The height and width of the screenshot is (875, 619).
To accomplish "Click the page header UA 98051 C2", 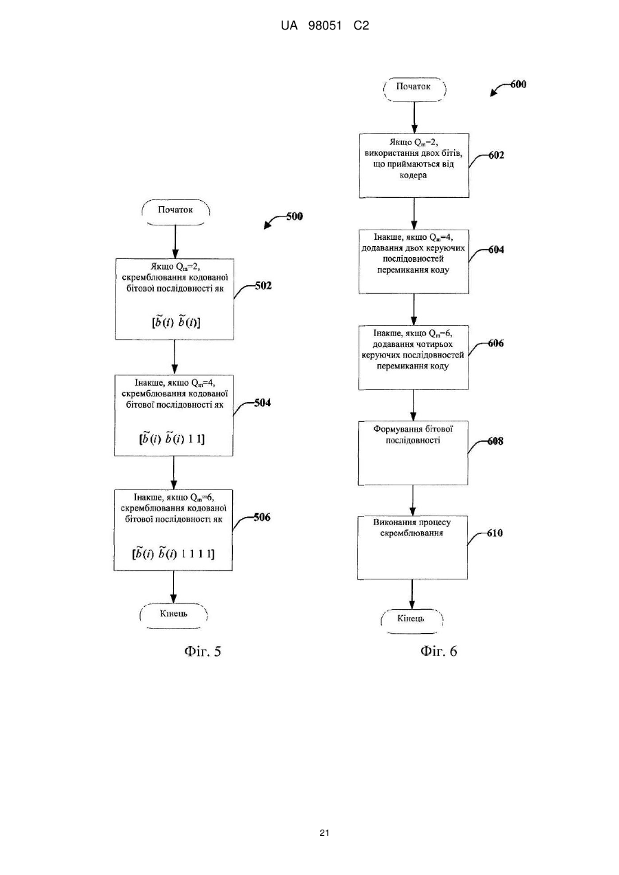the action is (x=325, y=26).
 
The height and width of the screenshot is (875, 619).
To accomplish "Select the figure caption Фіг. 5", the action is (x=203, y=651).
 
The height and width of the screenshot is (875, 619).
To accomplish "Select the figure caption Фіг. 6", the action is (x=438, y=651).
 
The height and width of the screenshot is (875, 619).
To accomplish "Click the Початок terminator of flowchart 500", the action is (x=175, y=212).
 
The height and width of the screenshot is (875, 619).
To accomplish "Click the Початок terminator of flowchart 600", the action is (x=414, y=89).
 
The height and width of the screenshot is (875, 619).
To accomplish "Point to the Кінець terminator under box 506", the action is (x=174, y=616).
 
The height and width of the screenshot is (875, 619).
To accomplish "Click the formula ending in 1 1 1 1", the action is (x=173, y=553).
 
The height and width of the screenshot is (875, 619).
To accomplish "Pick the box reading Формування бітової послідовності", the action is (x=413, y=453).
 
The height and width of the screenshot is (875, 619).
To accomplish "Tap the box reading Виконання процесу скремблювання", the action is (x=412, y=547).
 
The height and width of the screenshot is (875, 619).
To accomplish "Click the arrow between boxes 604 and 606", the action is (x=414, y=309).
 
